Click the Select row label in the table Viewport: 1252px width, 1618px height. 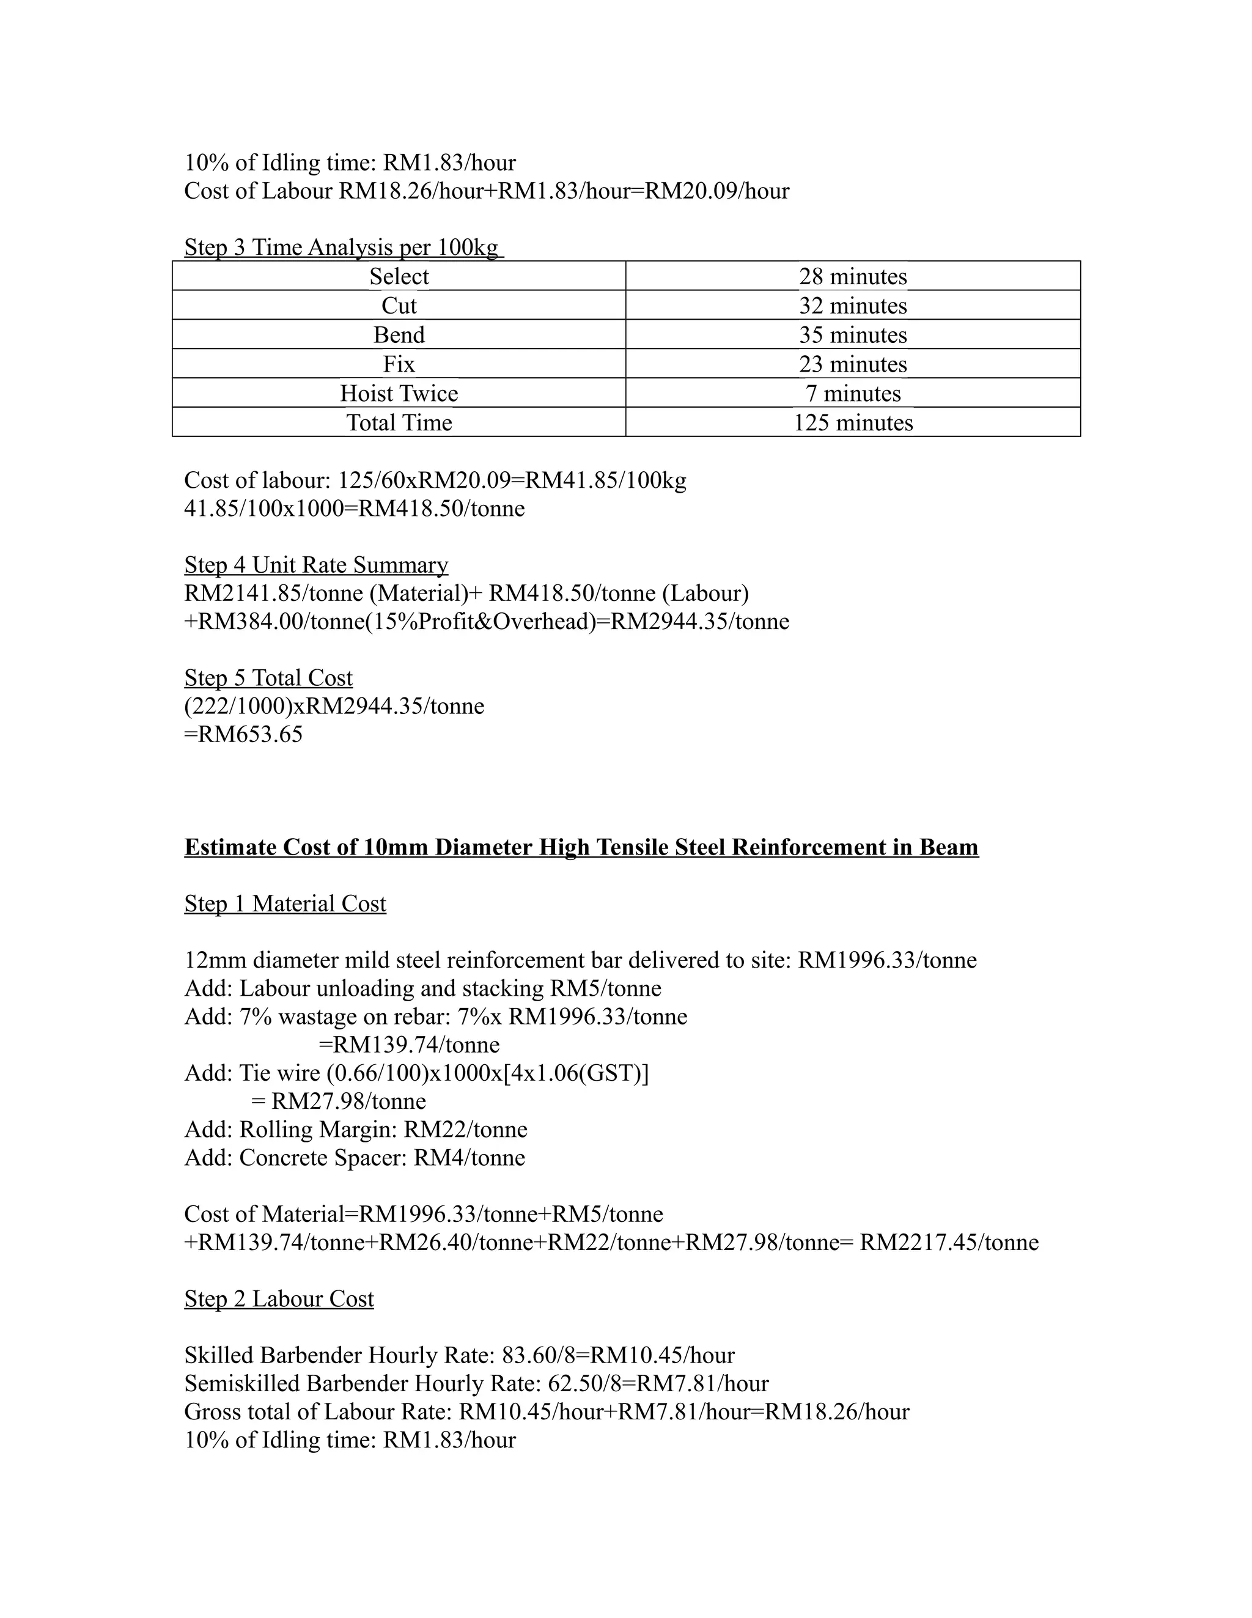point(399,276)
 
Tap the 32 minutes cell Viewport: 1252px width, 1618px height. point(853,305)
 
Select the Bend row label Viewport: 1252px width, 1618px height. point(399,335)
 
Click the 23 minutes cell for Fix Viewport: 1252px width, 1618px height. point(853,364)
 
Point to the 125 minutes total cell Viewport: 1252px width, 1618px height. point(853,422)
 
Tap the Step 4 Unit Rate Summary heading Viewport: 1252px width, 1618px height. point(315,565)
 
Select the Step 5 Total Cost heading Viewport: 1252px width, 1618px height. point(268,678)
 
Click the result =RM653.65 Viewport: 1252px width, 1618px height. point(244,734)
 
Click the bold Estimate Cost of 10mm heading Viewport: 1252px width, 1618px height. point(581,847)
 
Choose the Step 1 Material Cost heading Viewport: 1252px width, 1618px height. point(285,904)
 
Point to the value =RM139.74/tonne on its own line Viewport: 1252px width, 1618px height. point(409,1045)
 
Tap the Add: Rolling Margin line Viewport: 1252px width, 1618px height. point(356,1129)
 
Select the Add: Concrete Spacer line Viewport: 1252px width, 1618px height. point(354,1157)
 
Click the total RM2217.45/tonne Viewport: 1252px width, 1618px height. point(948,1243)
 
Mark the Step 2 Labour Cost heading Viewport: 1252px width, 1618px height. point(279,1299)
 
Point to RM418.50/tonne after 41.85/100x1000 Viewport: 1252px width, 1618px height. point(441,508)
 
